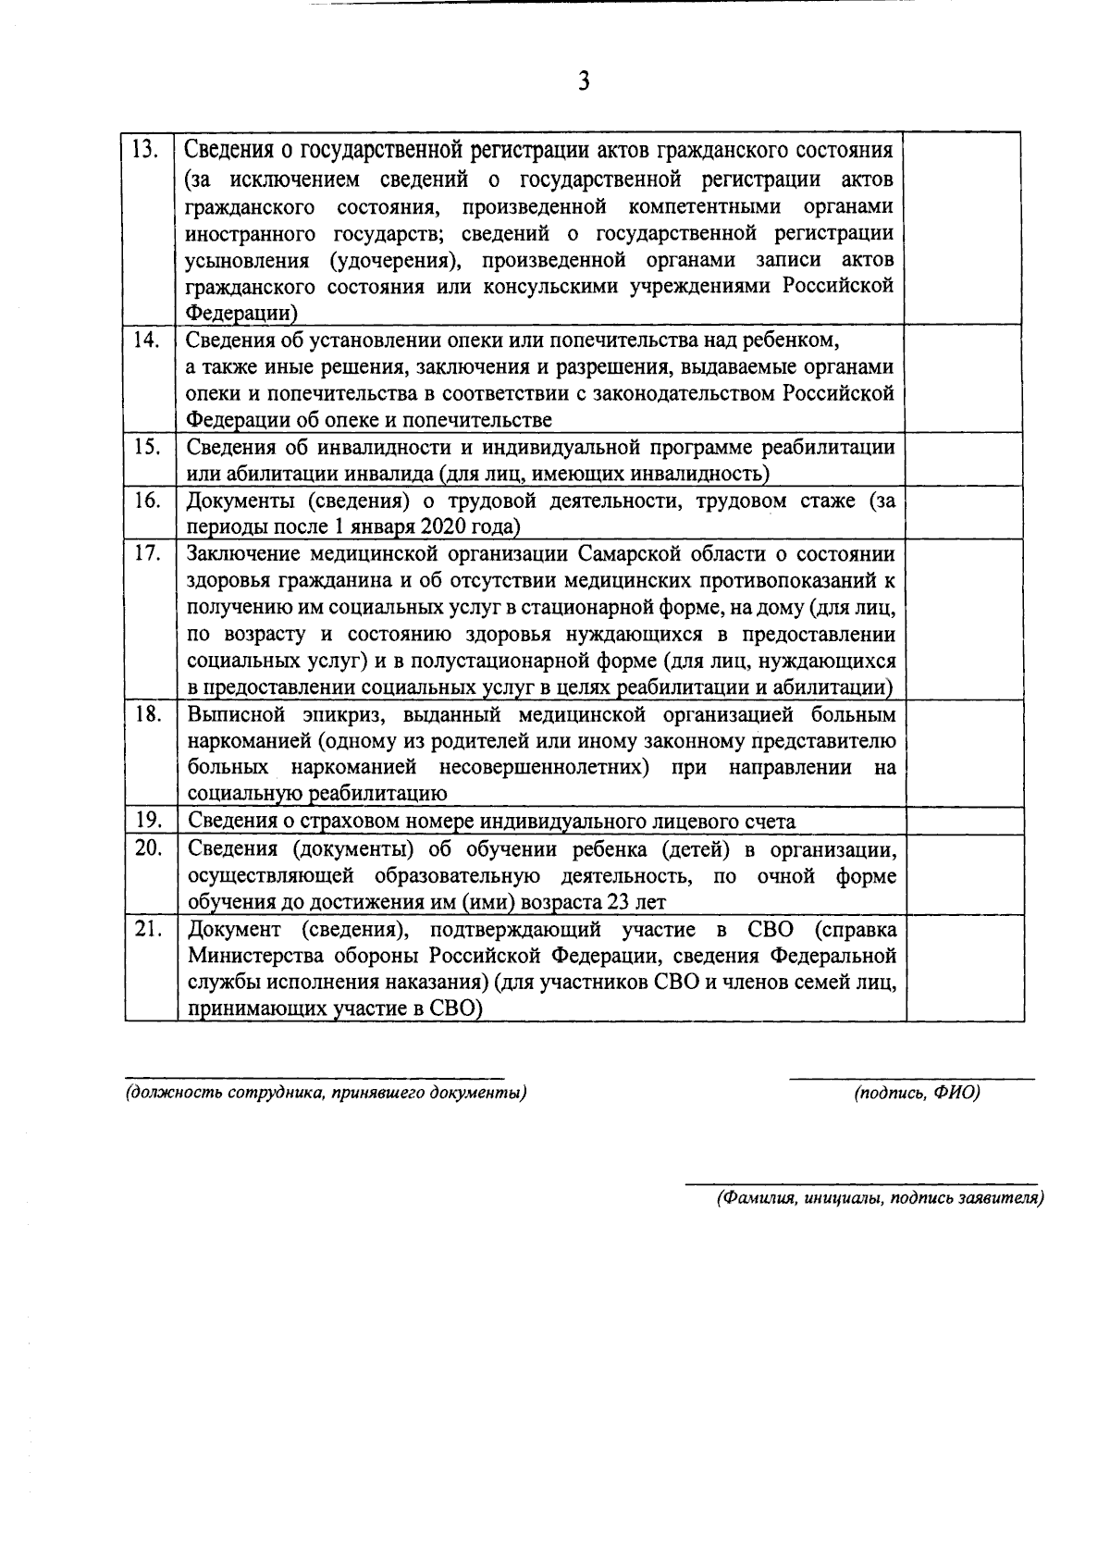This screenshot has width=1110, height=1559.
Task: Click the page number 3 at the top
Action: [583, 81]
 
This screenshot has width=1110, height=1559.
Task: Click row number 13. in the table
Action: [147, 149]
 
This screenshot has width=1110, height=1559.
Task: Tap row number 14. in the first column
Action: [147, 340]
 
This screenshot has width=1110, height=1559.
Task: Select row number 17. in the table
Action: [147, 553]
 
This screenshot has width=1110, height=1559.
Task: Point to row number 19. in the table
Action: [147, 820]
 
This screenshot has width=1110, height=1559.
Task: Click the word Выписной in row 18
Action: [239, 715]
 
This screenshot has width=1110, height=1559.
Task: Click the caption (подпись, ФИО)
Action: [916, 1093]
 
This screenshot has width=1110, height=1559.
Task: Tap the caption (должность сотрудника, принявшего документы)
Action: [326, 1093]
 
